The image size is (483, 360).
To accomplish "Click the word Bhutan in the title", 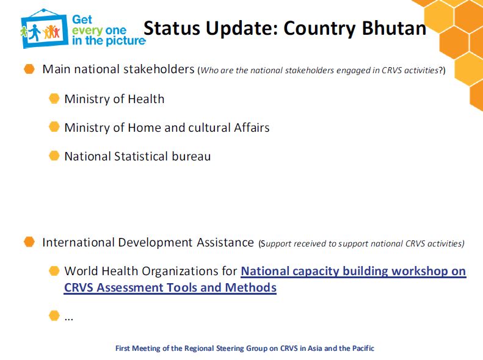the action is (x=394, y=28).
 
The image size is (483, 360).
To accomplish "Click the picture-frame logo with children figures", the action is (x=44, y=28).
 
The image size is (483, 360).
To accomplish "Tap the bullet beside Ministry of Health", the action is (x=54, y=98).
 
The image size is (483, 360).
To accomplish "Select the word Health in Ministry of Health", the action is (x=146, y=99).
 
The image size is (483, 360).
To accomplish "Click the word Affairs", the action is (x=252, y=128).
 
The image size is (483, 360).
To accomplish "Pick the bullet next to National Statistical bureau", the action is (x=54, y=156).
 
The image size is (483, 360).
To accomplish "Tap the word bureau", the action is (x=191, y=156).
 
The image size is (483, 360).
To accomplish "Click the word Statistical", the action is (x=141, y=156).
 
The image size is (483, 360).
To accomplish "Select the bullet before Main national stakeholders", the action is (x=29, y=69).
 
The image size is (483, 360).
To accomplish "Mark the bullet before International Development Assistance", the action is (x=29, y=242).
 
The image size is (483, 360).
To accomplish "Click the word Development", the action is (x=156, y=242).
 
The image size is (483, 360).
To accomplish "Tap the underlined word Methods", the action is (x=251, y=287).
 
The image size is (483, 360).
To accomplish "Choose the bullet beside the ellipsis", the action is (x=54, y=315).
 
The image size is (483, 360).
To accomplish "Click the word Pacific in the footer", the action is (x=363, y=348).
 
